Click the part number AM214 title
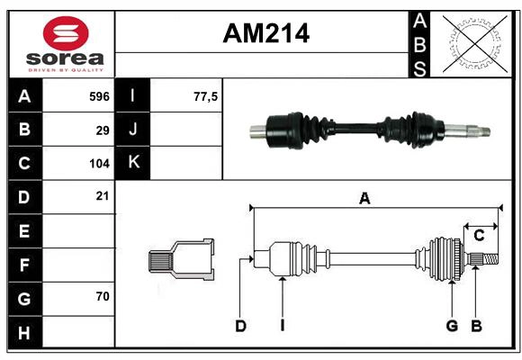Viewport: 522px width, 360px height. (265, 33)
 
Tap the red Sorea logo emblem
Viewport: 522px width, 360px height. (65, 35)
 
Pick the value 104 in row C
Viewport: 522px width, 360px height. (99, 164)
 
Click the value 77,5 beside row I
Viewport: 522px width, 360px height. (206, 95)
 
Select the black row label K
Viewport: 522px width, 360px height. (133, 163)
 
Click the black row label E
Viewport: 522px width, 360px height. (24, 231)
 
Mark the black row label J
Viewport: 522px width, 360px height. (133, 130)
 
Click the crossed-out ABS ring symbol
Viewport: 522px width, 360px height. (471, 43)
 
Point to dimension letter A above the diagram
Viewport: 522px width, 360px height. (364, 199)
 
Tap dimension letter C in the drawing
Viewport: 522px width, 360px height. (479, 236)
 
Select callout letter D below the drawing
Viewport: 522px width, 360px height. (240, 326)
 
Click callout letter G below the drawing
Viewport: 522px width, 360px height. (453, 326)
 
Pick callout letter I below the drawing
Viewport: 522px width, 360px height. (282, 326)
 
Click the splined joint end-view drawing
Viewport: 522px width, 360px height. (182, 260)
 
